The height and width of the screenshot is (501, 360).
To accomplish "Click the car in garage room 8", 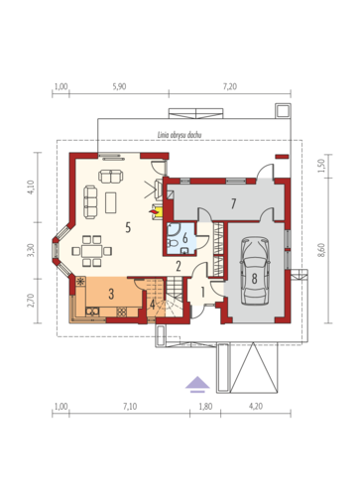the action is tap(255, 271).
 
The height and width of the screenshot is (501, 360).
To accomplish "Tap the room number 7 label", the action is tap(234, 203).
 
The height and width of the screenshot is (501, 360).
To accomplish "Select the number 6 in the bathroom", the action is tap(185, 237).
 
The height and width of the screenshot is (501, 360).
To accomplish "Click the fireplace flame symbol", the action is tap(154, 210).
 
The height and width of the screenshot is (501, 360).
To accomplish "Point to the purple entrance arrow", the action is tap(197, 384).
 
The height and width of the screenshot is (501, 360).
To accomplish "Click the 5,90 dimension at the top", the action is tap(119, 86).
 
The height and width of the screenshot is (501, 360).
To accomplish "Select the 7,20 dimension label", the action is tap(230, 86).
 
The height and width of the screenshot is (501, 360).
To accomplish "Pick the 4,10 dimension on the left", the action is tap(33, 188).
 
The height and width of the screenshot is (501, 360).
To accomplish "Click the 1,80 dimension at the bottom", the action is tap(205, 407).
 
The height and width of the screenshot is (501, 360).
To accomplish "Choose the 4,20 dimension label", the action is tap(256, 407).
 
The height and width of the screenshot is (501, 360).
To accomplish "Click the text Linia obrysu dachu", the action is tap(180, 135).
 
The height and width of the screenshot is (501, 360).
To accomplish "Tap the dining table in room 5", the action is tap(92, 251).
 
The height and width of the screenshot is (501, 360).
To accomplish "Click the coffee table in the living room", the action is tap(111, 202).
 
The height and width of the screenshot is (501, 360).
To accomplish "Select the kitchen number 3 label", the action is tap(111, 294).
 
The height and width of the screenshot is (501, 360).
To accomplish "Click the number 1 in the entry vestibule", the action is tap(203, 293).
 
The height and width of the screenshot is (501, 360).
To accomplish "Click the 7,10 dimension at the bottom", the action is tap(130, 407).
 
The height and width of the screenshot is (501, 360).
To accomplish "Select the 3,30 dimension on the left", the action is tap(33, 250).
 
